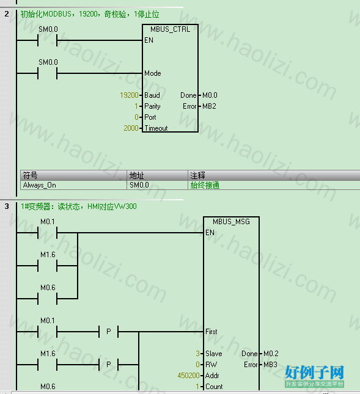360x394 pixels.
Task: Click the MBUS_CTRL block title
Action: (x=170, y=29)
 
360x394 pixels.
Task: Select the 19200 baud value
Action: (x=129, y=95)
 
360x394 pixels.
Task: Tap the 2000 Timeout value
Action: (x=131, y=128)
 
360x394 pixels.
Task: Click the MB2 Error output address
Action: (x=209, y=106)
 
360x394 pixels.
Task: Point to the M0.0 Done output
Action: (x=210, y=95)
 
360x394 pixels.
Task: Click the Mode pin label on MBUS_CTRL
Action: (x=153, y=73)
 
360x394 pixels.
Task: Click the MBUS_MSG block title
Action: (x=231, y=222)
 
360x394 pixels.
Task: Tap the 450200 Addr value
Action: (x=188, y=376)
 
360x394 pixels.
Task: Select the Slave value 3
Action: (x=198, y=354)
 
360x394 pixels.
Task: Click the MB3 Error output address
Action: (x=270, y=365)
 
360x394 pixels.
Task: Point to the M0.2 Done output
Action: (x=271, y=354)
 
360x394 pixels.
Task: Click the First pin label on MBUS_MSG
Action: (x=211, y=332)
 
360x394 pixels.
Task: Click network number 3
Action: (x=7, y=206)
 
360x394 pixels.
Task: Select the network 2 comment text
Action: (x=90, y=14)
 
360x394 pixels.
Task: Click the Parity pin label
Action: (x=152, y=106)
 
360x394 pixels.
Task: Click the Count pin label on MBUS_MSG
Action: (x=214, y=387)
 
